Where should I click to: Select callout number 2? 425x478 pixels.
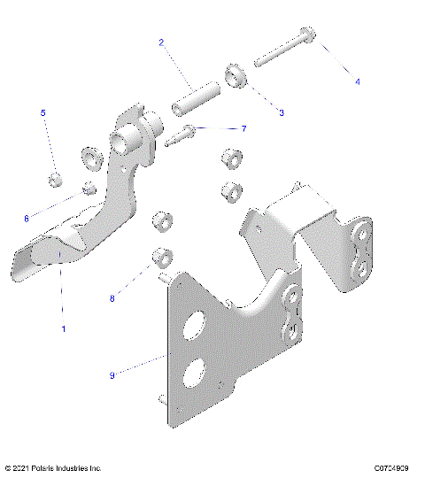pyautogui.click(x=161, y=42)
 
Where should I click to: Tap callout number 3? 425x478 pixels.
pyautogui.click(x=282, y=112)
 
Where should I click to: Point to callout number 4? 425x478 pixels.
pyautogui.click(x=358, y=81)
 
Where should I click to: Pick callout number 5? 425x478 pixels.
pyautogui.click(x=42, y=113)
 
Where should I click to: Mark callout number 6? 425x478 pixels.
pyautogui.click(x=50, y=218)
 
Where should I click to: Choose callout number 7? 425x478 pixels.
pyautogui.click(x=243, y=128)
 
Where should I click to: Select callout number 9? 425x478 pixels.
pyautogui.click(x=136, y=375)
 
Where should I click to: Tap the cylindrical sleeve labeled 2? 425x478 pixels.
pyautogui.click(x=195, y=97)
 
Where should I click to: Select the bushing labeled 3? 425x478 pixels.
pyautogui.click(x=236, y=77)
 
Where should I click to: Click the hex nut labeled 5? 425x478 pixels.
pyautogui.click(x=55, y=181)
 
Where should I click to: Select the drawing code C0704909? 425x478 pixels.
pyautogui.click(x=393, y=466)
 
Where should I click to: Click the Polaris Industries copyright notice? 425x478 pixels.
pyautogui.click(x=53, y=466)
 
